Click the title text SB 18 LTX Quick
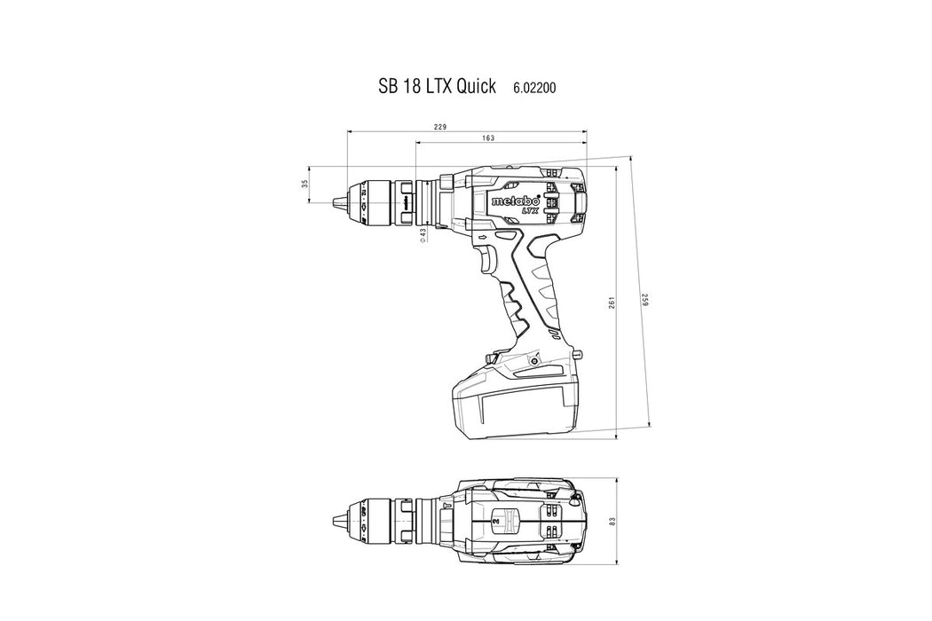(437, 86)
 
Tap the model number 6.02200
(535, 88)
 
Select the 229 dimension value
(440, 127)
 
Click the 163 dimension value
(488, 138)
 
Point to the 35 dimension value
(305, 185)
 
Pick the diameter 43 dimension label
(423, 235)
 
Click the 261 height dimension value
(611, 302)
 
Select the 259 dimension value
(645, 300)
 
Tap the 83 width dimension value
(612, 521)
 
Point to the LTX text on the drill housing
(530, 209)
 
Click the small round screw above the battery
(533, 361)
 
